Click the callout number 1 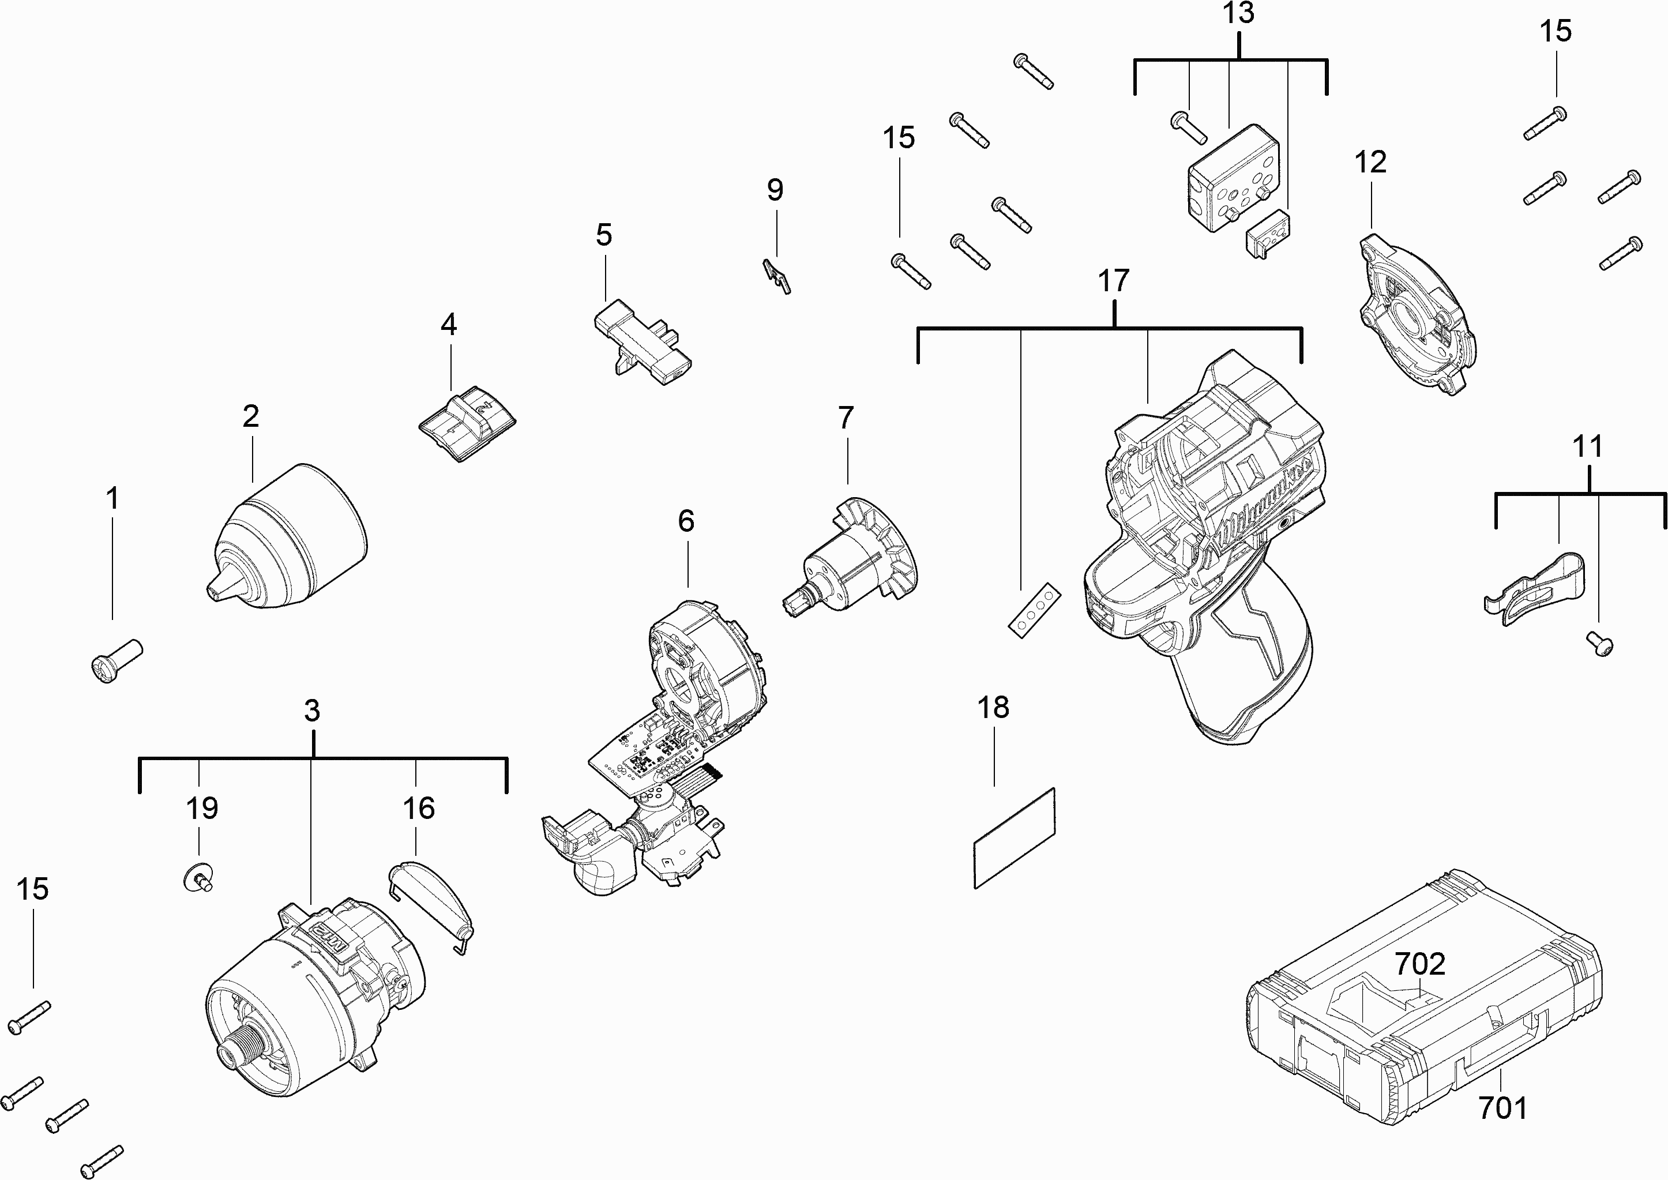click(112, 499)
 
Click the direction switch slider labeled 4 click(467, 423)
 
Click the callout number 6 click(686, 521)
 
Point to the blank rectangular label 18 click(1014, 838)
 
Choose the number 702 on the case click(1420, 964)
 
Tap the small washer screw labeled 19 click(198, 878)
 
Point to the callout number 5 click(604, 235)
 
